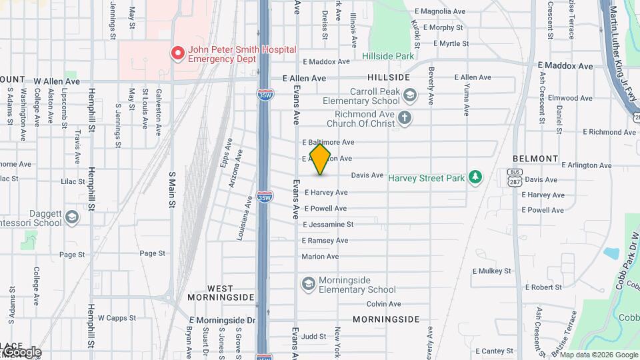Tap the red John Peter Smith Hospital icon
[x=177, y=53]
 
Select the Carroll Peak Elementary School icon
[x=409, y=96]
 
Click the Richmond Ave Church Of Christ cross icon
[x=404, y=119]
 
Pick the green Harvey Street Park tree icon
[x=475, y=177]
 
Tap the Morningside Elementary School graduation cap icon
[x=308, y=285]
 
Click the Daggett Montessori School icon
[x=72, y=217]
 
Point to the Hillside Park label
[x=388, y=57]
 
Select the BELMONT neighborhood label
[x=535, y=159]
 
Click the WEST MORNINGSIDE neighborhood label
[x=221, y=291]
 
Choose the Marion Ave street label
[x=320, y=257]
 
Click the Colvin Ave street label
[x=383, y=304]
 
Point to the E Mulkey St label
[x=491, y=271]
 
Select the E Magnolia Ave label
[x=439, y=11]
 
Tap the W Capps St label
[x=117, y=318]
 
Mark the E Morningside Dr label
[x=222, y=321]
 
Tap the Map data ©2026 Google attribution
[x=599, y=355]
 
